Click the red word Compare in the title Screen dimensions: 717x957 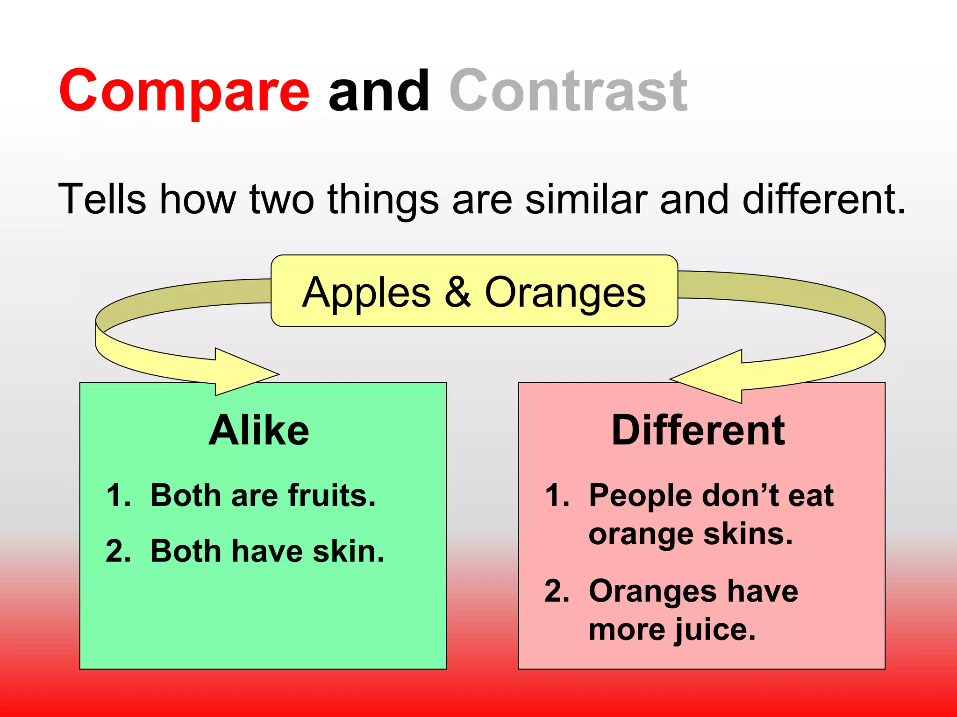coord(184,91)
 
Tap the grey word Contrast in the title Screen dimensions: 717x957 coord(568,91)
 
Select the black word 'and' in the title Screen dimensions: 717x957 coord(379,91)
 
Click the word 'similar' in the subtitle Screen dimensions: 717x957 coord(586,199)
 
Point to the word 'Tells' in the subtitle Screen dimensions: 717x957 coord(102,199)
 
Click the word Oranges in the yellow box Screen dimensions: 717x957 coord(565,293)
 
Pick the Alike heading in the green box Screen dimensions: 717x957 coord(258,430)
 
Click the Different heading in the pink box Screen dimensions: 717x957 coord(698,430)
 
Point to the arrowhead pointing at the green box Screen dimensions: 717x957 coord(248,373)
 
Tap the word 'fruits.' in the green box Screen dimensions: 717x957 coord(332,495)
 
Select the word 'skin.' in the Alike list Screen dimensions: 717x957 coord(348,551)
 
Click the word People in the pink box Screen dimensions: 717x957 coord(640,495)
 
